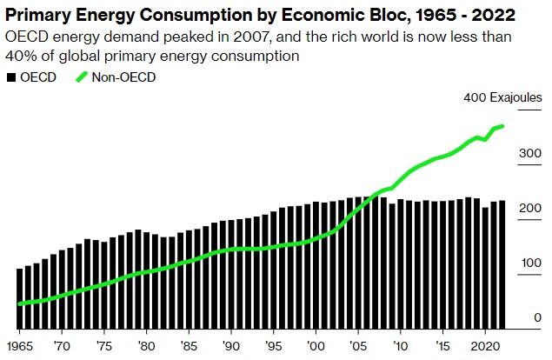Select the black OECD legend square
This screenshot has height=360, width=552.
tap(11, 77)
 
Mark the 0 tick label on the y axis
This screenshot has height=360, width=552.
tap(536, 318)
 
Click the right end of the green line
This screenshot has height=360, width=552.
tap(502, 127)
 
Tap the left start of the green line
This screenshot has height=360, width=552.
tap(20, 303)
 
